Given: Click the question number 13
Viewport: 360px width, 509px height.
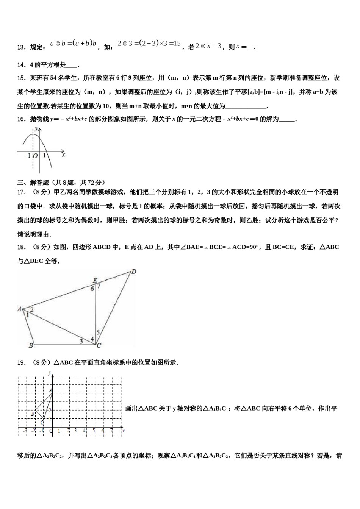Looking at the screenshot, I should click(x=21, y=47).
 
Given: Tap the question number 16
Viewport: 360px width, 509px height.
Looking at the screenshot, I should click(x=21, y=119).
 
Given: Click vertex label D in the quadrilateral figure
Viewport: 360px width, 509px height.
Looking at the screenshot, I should click(x=133, y=272).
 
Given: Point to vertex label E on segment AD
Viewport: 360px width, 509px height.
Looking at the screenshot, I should click(x=95, y=280).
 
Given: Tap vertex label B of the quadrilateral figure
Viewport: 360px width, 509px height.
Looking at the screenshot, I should click(x=31, y=345).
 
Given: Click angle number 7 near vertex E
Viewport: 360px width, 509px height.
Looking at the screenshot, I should click(x=99, y=286).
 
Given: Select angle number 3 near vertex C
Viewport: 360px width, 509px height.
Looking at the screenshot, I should click(x=81, y=341).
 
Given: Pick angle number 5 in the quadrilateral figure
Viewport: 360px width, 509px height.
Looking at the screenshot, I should click(x=98, y=332).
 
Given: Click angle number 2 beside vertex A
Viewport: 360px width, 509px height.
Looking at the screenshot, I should click(x=32, y=309).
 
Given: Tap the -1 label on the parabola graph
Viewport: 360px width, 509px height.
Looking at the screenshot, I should click(x=28, y=156).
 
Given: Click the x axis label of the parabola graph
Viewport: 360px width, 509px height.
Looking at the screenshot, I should click(x=64, y=155).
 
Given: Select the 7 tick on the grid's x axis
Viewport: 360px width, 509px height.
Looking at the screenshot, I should click(x=111, y=431).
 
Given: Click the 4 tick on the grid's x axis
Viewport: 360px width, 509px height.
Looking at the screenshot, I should click(x=85, y=431).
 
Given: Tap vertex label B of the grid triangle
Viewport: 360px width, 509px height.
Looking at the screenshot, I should click(x=33, y=414).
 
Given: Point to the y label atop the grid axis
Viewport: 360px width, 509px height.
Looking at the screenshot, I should click(x=50, y=373).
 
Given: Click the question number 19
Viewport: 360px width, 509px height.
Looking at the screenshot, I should click(x=21, y=363).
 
